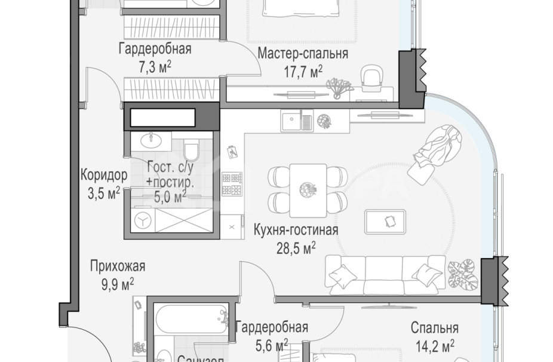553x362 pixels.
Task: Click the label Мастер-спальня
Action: click(303, 54)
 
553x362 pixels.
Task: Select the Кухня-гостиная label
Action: click(296, 230)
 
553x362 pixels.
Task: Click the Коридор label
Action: click(104, 176)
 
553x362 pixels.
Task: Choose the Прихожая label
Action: click(118, 266)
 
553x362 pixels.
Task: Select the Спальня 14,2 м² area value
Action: click(435, 345)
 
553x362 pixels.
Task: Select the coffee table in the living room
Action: click(386, 221)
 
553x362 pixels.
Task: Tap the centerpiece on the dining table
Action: click(308, 189)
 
